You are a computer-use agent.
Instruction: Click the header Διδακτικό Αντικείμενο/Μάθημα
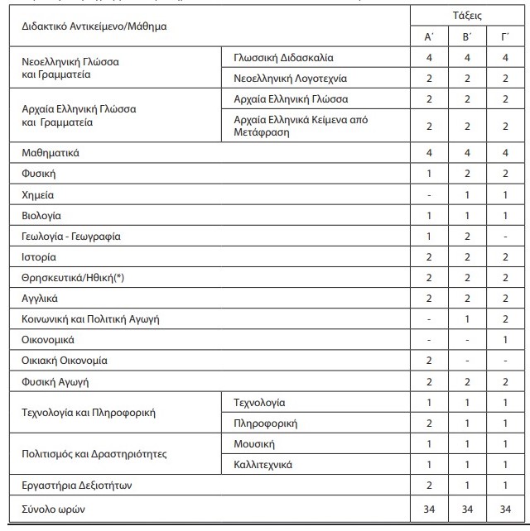pos(94,26)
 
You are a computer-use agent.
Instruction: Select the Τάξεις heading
pos(467,16)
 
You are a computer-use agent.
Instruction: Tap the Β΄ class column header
pos(467,37)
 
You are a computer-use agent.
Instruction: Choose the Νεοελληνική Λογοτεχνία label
pos(291,79)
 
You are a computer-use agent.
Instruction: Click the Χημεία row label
pos(37,195)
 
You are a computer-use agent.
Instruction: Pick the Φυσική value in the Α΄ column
pos(429,175)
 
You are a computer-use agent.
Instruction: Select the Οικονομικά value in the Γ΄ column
pos(505,340)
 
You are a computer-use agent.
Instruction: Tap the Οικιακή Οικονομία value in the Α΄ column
pos(429,361)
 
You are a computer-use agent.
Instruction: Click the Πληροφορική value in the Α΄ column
pos(429,423)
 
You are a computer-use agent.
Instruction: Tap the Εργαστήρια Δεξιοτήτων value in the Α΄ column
pos(429,486)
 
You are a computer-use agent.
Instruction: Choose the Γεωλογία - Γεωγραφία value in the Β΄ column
pos(467,237)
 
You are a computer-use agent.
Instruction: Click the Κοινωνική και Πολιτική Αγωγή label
pos(90,319)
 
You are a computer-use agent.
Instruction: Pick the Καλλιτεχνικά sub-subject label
pos(263,465)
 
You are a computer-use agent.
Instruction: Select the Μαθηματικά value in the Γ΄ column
pos(505,153)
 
